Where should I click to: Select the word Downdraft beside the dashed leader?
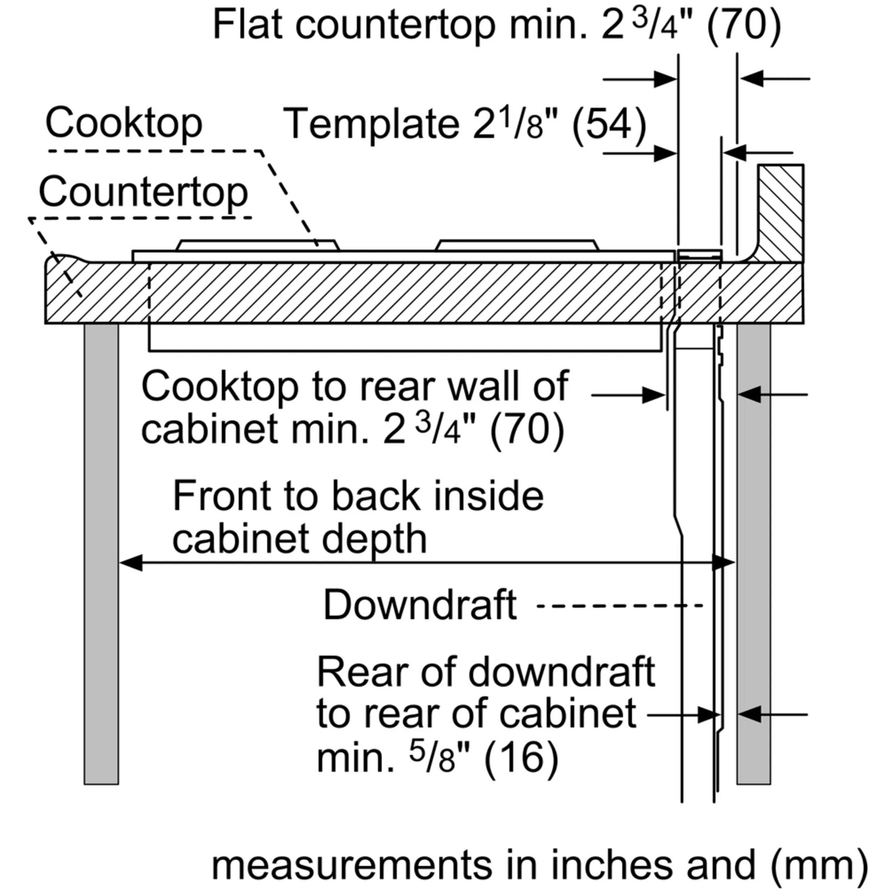coord(420,605)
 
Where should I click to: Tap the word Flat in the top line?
coord(247,25)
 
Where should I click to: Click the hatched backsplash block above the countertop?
coord(781,213)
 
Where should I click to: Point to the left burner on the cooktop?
coord(257,245)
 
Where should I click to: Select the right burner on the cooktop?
coord(516,245)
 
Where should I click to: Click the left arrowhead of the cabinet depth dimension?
coord(131,563)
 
